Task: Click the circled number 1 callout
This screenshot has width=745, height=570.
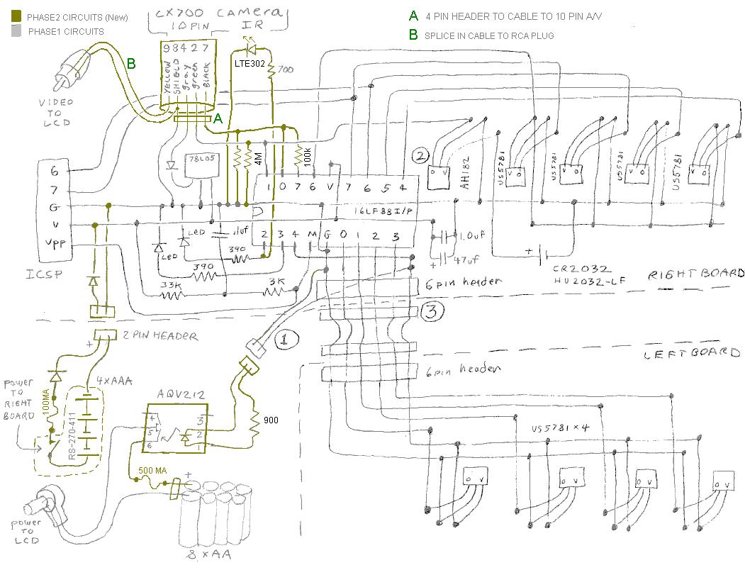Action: pyautogui.click(x=284, y=340)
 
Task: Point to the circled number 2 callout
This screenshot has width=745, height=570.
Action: pyautogui.click(x=421, y=156)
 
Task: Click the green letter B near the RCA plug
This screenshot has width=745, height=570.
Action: pyautogui.click(x=131, y=64)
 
